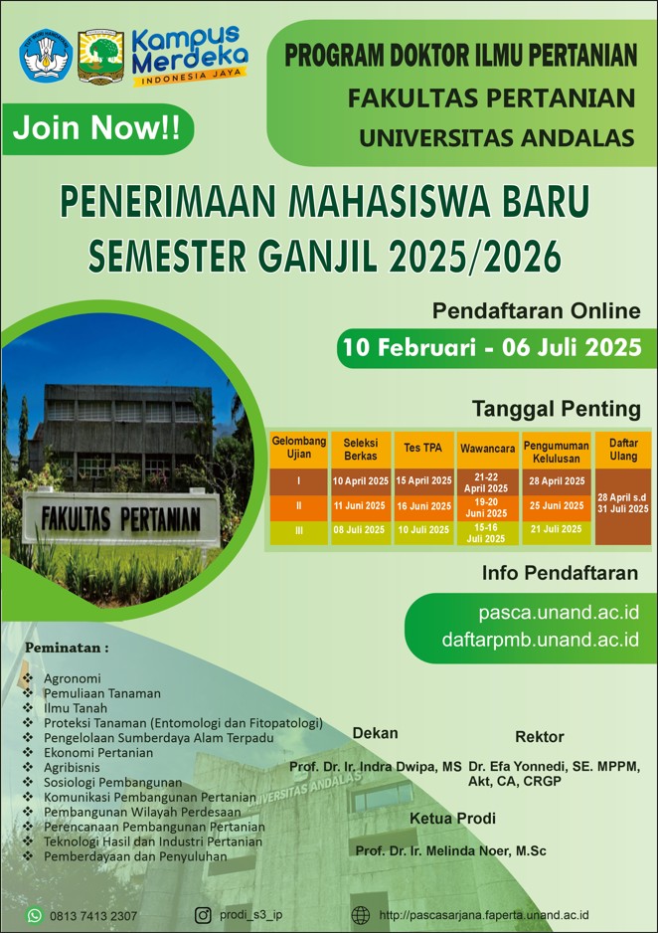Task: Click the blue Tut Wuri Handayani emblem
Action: pos(46,57)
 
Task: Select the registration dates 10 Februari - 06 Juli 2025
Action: pos(492,347)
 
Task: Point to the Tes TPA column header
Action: pos(423,448)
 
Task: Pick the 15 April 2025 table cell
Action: pos(423,480)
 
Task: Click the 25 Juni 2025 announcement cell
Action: pos(557,505)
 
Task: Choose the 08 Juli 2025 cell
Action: pos(360,529)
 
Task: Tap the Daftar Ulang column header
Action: pos(623,450)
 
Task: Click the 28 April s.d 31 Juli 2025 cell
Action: pos(623,503)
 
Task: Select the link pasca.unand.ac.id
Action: pos(559,613)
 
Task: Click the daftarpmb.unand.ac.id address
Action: pos(541,640)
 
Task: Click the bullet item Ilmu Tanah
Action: pos(76,708)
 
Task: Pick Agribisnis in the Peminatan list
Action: pos(72,768)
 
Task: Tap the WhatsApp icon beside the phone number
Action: pos(35,915)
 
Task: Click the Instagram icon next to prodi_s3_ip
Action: pos(204,915)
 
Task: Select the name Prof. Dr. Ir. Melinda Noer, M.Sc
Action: pos(450,850)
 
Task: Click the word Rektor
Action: pos(539,737)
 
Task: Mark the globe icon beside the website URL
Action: pos(360,915)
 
